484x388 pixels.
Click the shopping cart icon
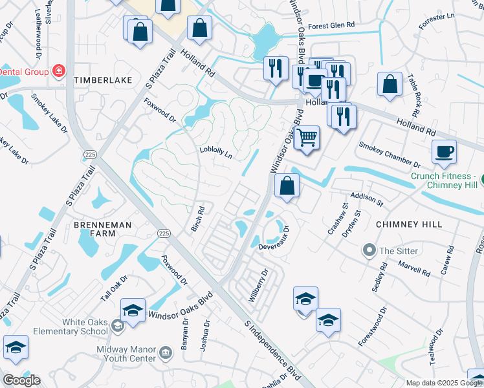tap(307, 136)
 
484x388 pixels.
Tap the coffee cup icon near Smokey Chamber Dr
tap(444, 151)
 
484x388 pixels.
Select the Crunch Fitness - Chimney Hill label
tap(446, 180)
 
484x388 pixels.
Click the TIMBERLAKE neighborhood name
tap(103, 80)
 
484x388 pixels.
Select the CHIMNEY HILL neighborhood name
tap(408, 224)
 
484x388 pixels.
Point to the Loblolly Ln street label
tap(215, 152)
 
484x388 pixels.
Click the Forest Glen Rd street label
tap(332, 26)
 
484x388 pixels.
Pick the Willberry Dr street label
tap(258, 285)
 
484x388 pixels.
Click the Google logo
tap(21, 380)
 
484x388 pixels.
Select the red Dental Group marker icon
tap(59, 70)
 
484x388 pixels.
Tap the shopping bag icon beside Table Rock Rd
tap(390, 84)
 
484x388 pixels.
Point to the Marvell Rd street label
tap(415, 268)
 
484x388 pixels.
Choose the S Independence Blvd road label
tap(273, 350)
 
